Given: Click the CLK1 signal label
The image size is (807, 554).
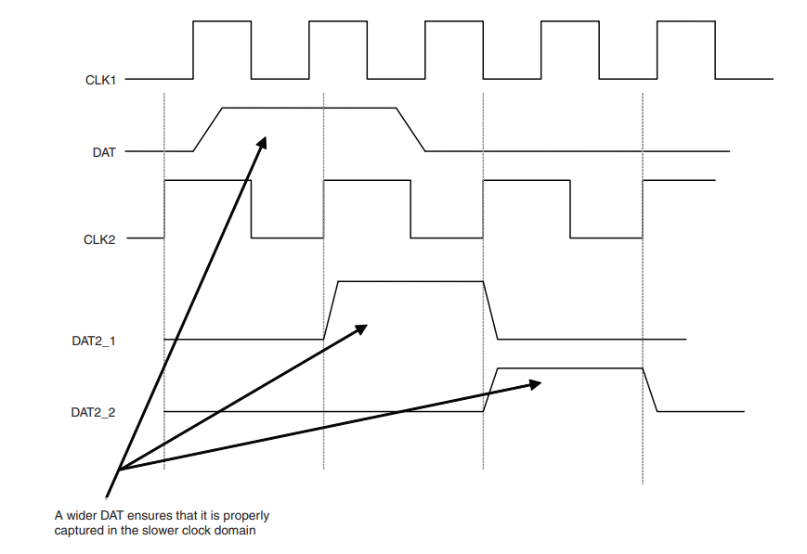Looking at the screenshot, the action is pyautogui.click(x=99, y=81).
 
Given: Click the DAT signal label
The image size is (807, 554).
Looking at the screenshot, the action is pyautogui.click(x=104, y=152).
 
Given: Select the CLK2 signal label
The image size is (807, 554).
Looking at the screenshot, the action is pyautogui.click(x=99, y=239).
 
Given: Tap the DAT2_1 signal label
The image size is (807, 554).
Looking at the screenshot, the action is pyautogui.click(x=93, y=341).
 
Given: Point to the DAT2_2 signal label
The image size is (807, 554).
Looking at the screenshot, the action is pyautogui.click(x=93, y=411).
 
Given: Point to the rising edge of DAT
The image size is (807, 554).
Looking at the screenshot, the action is pyautogui.click(x=207, y=129).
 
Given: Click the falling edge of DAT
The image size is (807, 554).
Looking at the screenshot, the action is pyautogui.click(x=410, y=129).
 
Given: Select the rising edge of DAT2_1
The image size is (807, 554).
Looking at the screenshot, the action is pyautogui.click(x=332, y=310).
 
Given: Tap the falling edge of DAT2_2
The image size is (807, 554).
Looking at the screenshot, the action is pyautogui.click(x=650, y=390).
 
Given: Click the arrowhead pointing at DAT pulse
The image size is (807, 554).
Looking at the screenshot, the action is pyautogui.click(x=262, y=143).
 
